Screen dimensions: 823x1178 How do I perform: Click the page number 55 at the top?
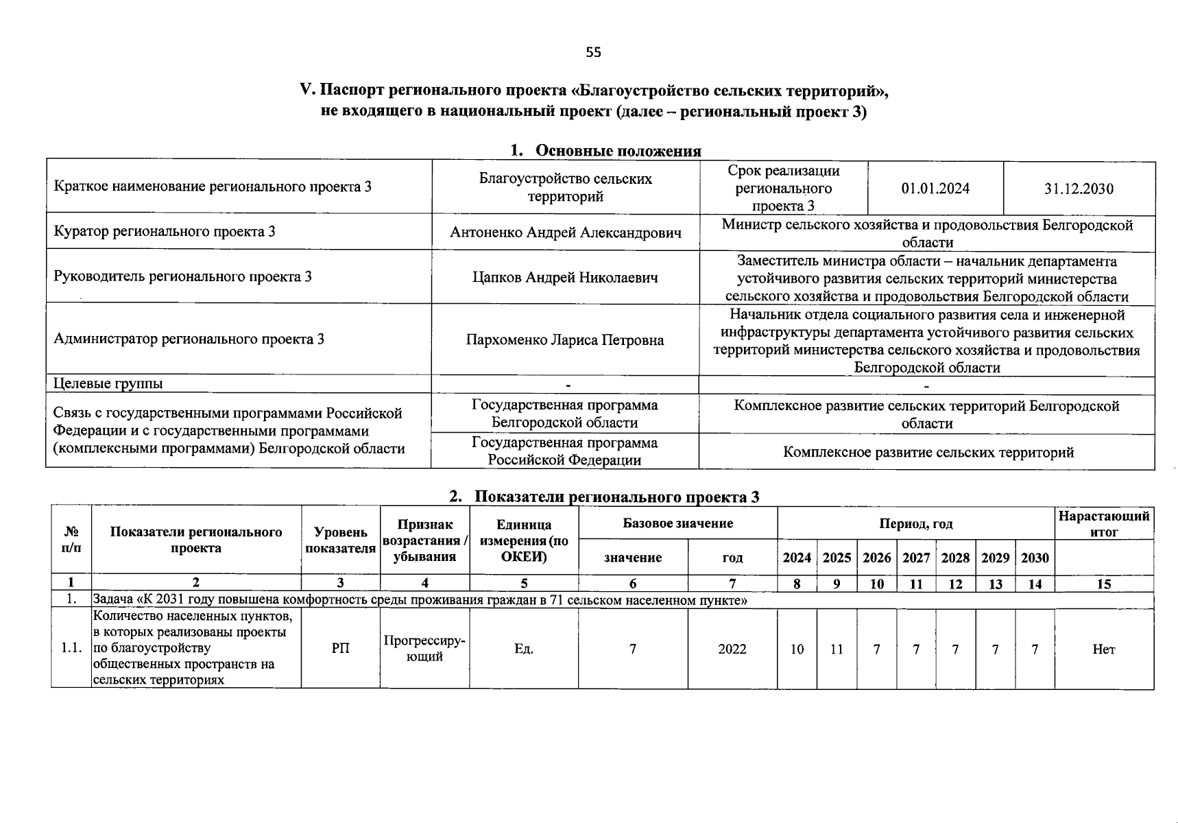pyautogui.click(x=593, y=52)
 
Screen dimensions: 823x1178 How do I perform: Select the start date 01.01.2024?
pyautogui.click(x=935, y=189)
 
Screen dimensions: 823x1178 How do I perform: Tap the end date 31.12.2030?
pyautogui.click(x=1079, y=189)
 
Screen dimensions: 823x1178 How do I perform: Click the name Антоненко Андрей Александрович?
pyautogui.click(x=566, y=232)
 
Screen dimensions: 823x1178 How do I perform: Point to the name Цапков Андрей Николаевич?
pyautogui.click(x=566, y=277)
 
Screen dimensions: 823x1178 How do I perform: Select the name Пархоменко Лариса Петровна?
pyautogui.click(x=566, y=340)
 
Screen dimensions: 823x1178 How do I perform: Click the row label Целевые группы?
pyautogui.click(x=108, y=383)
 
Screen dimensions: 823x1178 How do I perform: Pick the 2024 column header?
pyautogui.click(x=797, y=558)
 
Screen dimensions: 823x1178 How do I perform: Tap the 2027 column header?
pyautogui.click(x=916, y=558)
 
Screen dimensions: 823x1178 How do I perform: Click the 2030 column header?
pyautogui.click(x=1035, y=558)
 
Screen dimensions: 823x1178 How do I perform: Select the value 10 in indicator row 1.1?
pyautogui.click(x=797, y=649)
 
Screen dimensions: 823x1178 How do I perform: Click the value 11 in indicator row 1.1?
pyautogui.click(x=837, y=649)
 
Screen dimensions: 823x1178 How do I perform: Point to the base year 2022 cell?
pyautogui.click(x=732, y=649)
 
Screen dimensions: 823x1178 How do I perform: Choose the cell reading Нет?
pyautogui.click(x=1103, y=649)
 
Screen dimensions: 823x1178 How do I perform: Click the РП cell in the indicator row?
pyautogui.click(x=341, y=649)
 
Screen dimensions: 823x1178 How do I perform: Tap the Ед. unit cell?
pyautogui.click(x=524, y=649)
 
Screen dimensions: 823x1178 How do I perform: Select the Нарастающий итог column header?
pyautogui.click(x=1103, y=524)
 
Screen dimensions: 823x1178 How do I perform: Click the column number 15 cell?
pyautogui.click(x=1103, y=584)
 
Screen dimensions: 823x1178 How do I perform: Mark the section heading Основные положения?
pyautogui.click(x=617, y=151)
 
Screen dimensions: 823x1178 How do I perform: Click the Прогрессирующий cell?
pyautogui.click(x=424, y=649)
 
